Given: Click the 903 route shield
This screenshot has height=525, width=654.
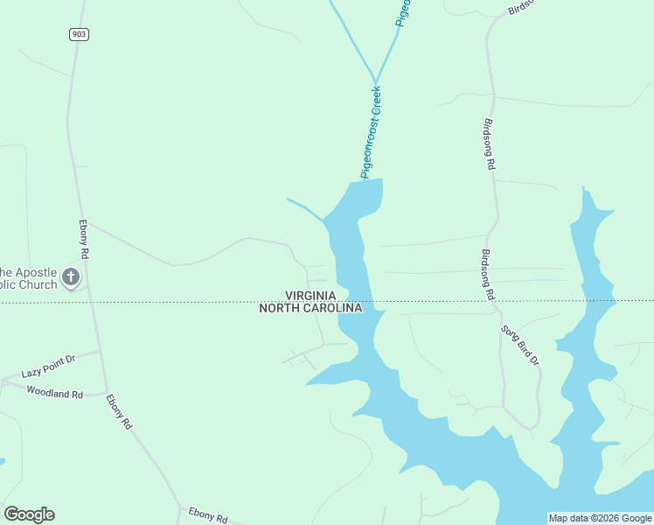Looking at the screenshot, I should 80,33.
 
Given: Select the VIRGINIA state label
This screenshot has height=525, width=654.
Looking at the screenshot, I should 310,297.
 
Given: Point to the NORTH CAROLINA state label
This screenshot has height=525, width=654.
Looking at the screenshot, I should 310,308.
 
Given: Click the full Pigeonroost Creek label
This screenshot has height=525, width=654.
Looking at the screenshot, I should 372,131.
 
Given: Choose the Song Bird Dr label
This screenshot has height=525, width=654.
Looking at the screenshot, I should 521,346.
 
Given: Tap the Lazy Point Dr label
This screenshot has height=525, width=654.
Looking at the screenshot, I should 49,367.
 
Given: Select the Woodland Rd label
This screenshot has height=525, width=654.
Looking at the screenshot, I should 54,392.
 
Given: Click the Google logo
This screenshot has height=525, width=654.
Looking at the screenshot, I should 29,514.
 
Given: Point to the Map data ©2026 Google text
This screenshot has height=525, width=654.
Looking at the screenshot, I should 600,518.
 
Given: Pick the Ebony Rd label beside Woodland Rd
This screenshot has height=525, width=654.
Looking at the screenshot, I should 119,411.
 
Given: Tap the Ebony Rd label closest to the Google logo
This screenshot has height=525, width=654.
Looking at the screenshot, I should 208,515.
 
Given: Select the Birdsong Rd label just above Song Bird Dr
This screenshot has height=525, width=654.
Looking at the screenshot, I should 487,275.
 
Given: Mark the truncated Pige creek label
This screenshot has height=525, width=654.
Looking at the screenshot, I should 403,12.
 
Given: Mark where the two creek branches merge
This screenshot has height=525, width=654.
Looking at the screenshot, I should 376,80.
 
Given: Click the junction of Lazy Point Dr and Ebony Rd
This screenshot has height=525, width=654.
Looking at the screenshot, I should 101,351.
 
